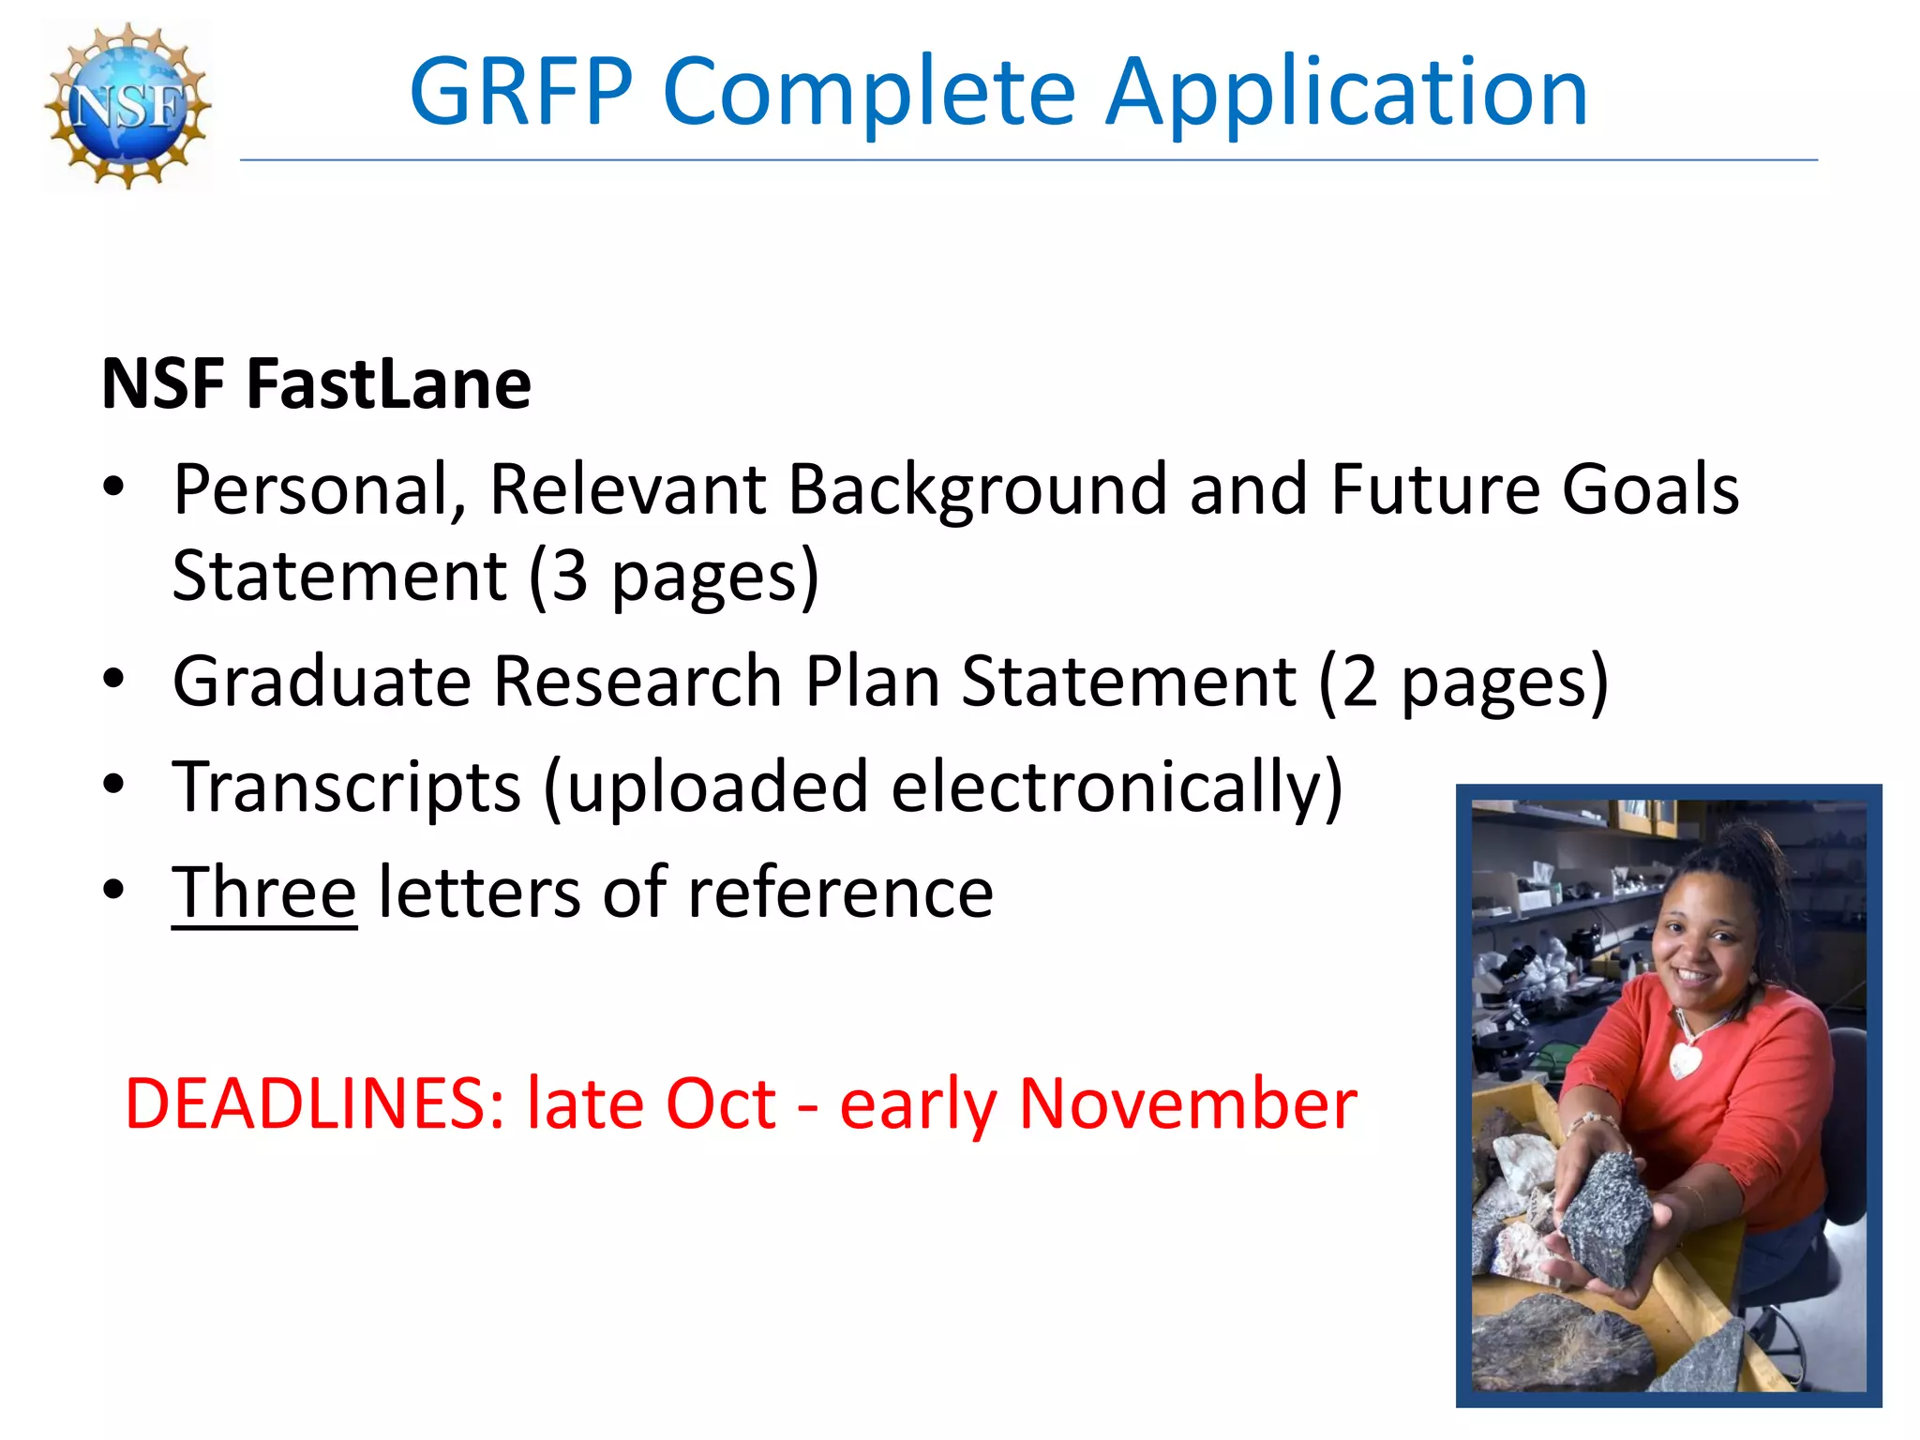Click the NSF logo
[127, 105]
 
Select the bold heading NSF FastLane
[316, 384]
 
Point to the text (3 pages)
[673, 576]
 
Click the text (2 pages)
[1462, 682]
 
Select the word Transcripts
[346, 787]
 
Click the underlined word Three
[263, 892]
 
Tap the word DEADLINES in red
[315, 1103]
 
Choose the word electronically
[1116, 787]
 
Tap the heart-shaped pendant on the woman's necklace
[1685, 1060]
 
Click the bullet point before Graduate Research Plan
[113, 679]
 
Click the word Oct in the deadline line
[720, 1103]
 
